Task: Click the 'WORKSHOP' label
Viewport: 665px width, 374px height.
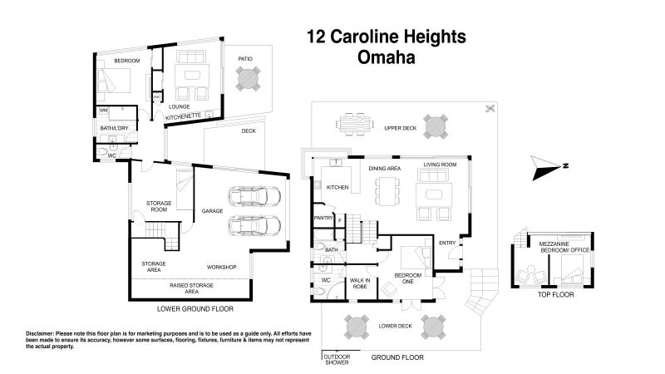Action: [x=222, y=267]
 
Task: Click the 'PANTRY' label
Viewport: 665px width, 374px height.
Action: [x=323, y=218]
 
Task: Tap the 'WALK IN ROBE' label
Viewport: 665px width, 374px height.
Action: [x=359, y=283]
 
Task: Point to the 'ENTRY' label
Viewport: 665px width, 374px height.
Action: [x=447, y=243]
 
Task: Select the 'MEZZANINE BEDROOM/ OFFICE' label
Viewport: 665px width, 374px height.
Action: [x=565, y=247]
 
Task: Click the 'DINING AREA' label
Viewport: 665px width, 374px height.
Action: [x=385, y=169]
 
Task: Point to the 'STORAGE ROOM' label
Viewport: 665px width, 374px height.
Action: [x=159, y=207]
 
